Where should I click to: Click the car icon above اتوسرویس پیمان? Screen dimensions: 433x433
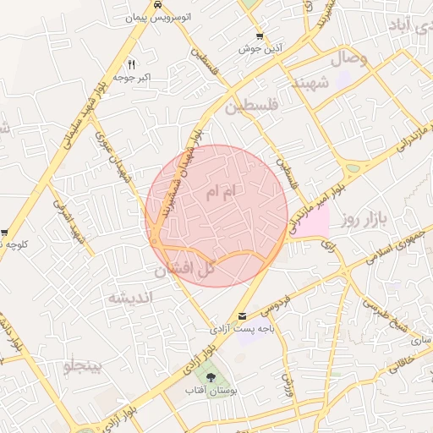click(x=159, y=5)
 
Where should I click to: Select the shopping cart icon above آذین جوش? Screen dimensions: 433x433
click(x=260, y=36)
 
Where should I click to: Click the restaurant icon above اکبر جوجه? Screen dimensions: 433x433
click(x=131, y=64)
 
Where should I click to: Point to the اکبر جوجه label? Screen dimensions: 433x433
click(x=134, y=77)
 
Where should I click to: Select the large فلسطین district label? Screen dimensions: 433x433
click(x=250, y=108)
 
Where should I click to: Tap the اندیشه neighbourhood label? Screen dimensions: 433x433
click(x=129, y=298)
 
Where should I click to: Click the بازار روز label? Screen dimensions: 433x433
click(x=364, y=221)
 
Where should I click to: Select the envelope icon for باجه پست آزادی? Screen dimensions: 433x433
click(x=244, y=316)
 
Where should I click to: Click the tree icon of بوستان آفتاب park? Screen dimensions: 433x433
click(x=208, y=375)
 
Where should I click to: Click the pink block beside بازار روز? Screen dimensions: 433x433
click(x=314, y=222)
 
